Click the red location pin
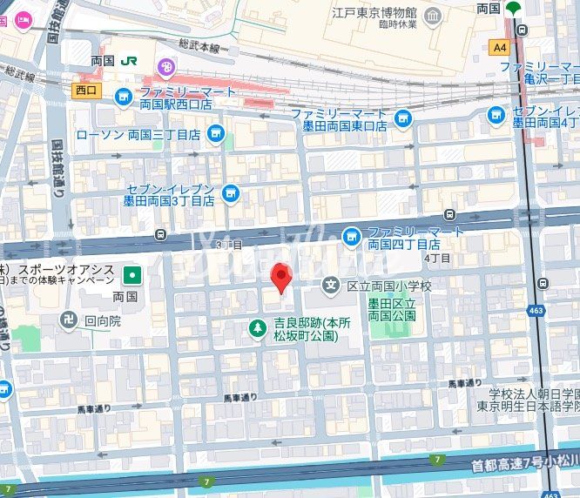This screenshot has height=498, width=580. (280, 278)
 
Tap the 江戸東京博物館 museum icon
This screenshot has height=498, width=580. (434, 17)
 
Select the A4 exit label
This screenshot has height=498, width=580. (499, 47)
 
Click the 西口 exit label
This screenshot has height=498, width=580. (85, 90)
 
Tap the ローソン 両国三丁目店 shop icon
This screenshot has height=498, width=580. (216, 134)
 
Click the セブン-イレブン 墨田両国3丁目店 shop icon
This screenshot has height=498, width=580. (231, 192)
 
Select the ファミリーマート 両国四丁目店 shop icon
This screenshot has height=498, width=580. (351, 233)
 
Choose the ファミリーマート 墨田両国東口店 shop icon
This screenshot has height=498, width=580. (402, 118)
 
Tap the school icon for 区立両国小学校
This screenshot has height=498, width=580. (330, 285)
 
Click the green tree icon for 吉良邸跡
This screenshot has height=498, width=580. (258, 328)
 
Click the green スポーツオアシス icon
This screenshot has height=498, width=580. (132, 275)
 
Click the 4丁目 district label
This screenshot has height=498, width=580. (437, 259)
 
